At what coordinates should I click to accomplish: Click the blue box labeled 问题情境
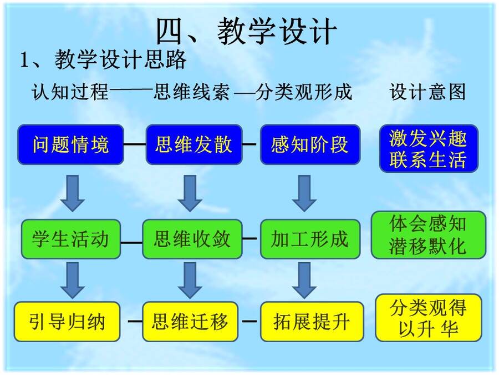click(70, 144)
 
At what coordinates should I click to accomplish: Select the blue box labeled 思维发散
click(194, 144)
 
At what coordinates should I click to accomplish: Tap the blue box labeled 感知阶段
click(310, 144)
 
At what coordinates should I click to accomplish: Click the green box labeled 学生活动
click(70, 239)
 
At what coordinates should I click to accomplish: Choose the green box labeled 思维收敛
click(192, 239)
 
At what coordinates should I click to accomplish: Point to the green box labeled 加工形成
click(310, 239)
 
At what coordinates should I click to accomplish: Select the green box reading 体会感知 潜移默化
click(429, 234)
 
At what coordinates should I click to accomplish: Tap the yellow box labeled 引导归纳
click(67, 322)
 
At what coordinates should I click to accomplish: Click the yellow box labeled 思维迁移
click(190, 322)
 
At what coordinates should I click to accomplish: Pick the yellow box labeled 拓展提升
click(312, 322)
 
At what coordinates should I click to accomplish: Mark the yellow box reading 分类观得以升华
click(429, 318)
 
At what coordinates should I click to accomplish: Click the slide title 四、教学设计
click(247, 31)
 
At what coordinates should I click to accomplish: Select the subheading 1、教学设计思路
click(104, 59)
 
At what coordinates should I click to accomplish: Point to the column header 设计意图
click(428, 92)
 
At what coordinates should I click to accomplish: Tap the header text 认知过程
click(70, 92)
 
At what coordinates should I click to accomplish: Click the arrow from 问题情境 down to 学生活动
click(73, 193)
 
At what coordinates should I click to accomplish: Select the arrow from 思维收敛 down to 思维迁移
click(190, 281)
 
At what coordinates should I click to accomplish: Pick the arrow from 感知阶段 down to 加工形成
click(304, 193)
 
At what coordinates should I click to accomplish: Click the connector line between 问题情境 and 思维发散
click(135, 144)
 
